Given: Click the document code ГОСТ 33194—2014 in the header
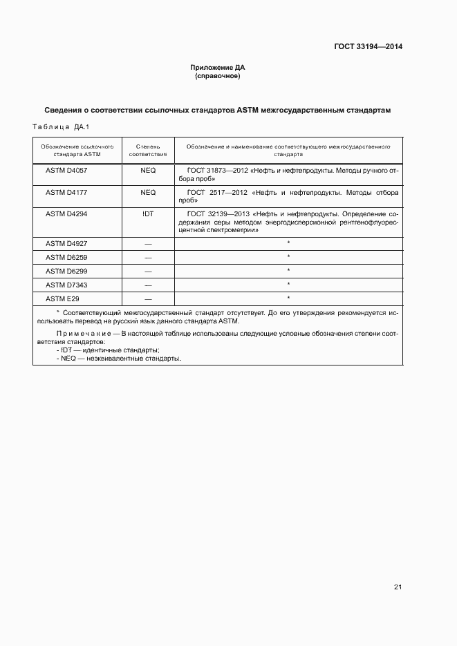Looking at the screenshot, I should coord(369,47).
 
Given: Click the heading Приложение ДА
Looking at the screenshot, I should coord(218,68).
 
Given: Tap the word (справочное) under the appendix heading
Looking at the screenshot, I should coord(218,76).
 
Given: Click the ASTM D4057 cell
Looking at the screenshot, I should coord(66,170).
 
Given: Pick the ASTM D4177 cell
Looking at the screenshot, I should coord(66,192).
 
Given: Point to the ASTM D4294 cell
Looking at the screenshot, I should coord(66,214).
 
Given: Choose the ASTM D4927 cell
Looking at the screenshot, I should coord(66,243).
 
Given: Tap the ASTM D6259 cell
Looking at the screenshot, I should coord(66,257).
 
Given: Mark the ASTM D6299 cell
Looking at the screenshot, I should coord(66,271).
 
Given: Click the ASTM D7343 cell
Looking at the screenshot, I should coord(66,285).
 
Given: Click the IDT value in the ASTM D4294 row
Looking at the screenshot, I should coord(148,214).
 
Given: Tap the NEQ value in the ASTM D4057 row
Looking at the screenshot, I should coord(148,170).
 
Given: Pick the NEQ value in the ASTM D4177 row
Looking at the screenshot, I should coord(148,192).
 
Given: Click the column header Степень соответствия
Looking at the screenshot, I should coord(148,151).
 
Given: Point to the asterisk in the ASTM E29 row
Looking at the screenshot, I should coord(288,298).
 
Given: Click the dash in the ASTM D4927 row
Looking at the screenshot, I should coord(148,243).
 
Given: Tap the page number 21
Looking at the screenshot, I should coord(398,587).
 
